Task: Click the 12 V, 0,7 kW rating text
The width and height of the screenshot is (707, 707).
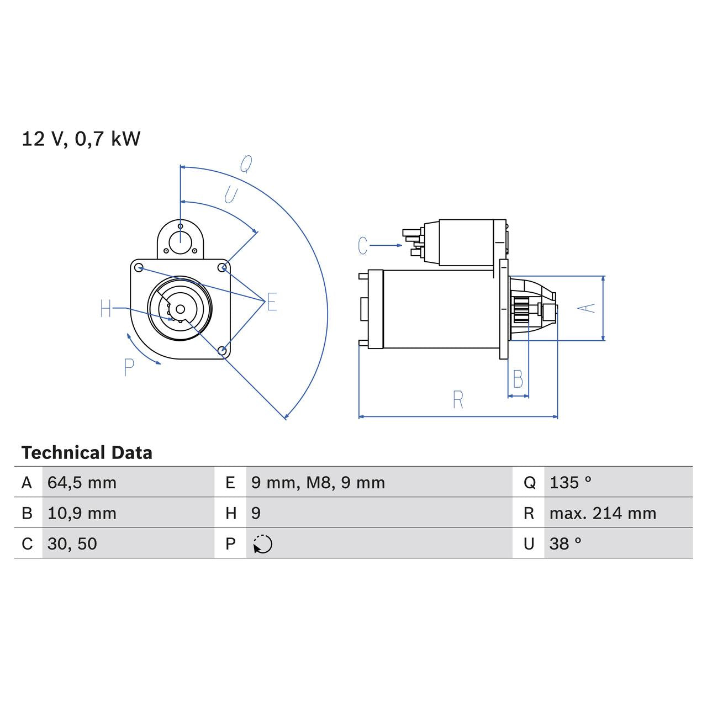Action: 81,139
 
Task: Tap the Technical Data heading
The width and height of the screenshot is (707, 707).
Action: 87,453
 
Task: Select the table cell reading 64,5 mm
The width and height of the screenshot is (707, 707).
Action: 82,483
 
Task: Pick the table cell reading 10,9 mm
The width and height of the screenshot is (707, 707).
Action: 82,513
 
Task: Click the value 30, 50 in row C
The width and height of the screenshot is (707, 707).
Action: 72,544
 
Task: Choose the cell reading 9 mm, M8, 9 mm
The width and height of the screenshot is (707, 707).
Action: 318,483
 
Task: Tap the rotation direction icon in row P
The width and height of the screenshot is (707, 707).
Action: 263,544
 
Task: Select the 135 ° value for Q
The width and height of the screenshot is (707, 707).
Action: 570,483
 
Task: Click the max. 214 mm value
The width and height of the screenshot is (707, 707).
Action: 602,513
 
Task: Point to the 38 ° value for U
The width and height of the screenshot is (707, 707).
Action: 565,544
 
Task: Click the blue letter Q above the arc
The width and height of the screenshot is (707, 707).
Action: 246,164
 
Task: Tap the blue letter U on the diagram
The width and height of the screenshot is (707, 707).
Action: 230,194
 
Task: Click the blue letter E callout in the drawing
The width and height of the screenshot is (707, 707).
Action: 272,302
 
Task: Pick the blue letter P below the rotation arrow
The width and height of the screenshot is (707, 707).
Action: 129,367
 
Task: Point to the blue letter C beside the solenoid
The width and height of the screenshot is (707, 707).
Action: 362,246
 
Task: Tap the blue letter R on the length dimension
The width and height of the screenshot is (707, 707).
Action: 458,400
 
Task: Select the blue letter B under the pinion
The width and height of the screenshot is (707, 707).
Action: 518,379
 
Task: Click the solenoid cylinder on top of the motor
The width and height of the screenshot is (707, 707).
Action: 466,243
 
